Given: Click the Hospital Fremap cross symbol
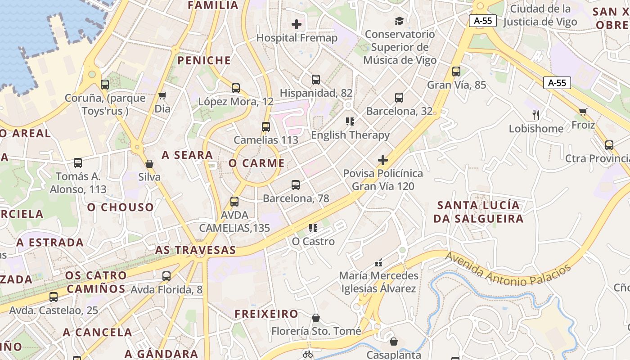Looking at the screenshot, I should coord(297,24).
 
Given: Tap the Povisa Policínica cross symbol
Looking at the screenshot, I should coord(383,160).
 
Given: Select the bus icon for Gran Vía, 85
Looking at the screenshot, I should coord(456,71).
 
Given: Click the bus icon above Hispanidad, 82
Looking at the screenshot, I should coord(316,80).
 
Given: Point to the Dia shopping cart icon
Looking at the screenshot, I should coord(162,95).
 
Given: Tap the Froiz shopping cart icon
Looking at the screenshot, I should coord(583,112).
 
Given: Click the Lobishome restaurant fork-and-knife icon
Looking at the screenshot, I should coord(535,115).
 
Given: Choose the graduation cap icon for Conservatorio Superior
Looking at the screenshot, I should coord(399,21).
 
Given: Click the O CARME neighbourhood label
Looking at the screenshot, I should coord(256,163).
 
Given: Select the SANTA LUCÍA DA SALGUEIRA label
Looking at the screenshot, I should coord(479,212).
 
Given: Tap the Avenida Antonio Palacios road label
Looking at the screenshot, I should coord(508,269).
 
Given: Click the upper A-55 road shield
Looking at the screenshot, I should coord(483,21).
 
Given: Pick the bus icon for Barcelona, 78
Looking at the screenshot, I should coord(296,184).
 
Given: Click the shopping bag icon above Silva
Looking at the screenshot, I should coord(149,164).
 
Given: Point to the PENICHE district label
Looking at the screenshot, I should coord(204,60).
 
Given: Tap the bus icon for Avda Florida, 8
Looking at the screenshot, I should coord(166,276).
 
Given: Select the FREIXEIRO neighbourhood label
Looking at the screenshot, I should coord(266,314).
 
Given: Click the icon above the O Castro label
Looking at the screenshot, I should coord(313,228).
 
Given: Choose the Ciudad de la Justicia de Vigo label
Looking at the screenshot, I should coord(540,15).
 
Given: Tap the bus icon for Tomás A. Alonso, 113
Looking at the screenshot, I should coord(78,163).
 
